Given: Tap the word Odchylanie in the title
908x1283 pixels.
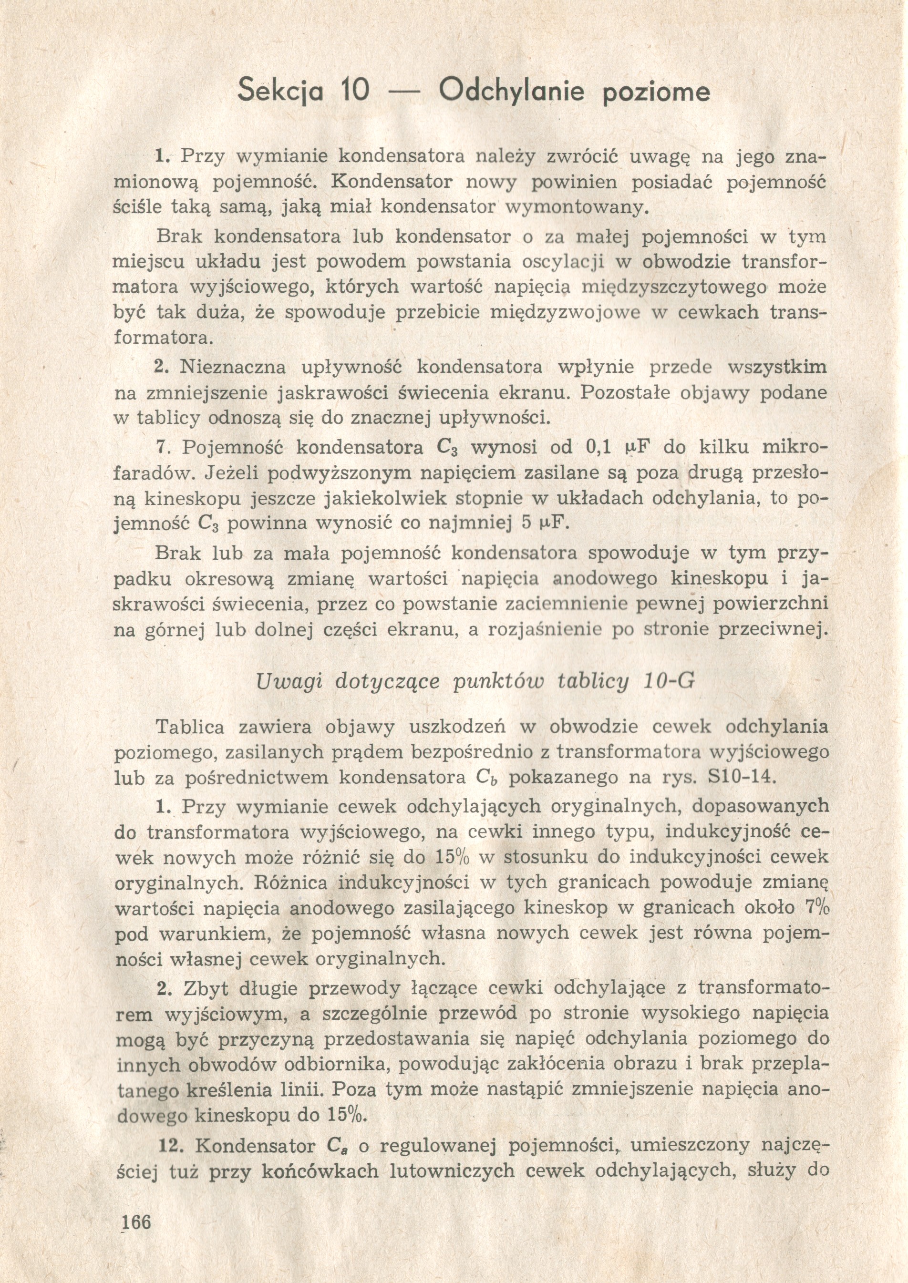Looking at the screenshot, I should point(512,91).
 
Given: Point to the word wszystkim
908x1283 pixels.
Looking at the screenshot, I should point(778,367).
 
